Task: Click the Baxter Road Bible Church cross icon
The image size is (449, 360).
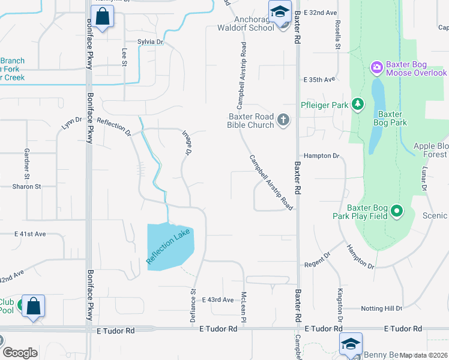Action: (x=283, y=121)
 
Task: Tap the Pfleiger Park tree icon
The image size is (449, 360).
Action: (x=358, y=105)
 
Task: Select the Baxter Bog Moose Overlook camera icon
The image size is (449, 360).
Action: (x=377, y=67)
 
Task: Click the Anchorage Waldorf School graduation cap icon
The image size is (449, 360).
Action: (x=280, y=13)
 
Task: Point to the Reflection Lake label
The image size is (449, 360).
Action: (x=169, y=245)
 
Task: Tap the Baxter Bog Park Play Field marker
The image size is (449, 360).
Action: (x=396, y=211)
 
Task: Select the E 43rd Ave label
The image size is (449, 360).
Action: (x=217, y=299)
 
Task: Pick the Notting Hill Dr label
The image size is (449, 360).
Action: (x=381, y=308)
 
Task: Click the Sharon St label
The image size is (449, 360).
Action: (x=26, y=187)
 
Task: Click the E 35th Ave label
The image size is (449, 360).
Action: (x=318, y=79)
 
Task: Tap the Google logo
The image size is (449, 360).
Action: (x=20, y=353)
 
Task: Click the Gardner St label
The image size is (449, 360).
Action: (x=26, y=164)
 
